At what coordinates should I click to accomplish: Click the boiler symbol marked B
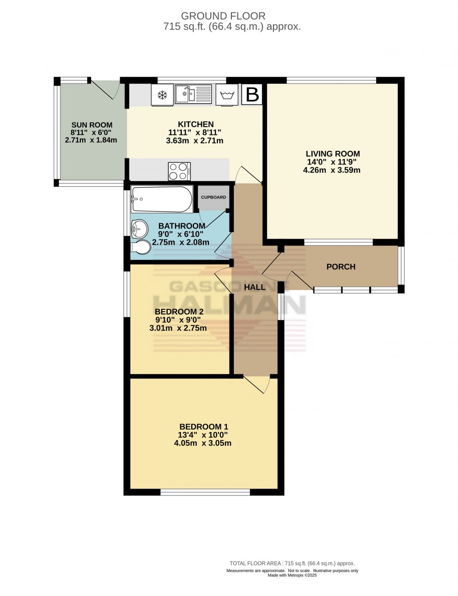tap(252, 95)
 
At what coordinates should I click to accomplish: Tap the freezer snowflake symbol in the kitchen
tap(162, 95)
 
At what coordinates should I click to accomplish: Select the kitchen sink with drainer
tap(193, 94)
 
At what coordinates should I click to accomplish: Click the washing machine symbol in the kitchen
tap(227, 95)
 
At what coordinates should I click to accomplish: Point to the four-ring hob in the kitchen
tap(179, 170)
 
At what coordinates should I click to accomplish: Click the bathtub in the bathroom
tap(162, 199)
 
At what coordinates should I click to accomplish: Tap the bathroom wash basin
tap(139, 228)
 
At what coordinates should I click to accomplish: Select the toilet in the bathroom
tap(141, 247)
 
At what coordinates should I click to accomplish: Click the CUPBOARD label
tap(214, 197)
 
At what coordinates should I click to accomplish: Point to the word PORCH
tap(341, 267)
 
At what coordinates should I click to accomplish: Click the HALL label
tap(255, 287)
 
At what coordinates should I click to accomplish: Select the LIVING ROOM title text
tap(333, 154)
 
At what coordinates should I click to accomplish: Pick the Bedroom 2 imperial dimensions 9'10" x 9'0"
tap(178, 320)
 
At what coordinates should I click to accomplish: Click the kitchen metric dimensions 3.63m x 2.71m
tap(194, 141)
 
